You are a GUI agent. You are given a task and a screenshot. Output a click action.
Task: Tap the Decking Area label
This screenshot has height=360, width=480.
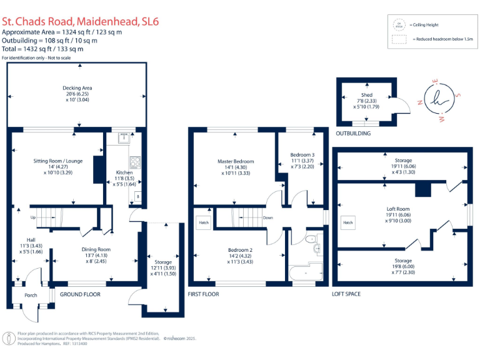[x=77, y=88]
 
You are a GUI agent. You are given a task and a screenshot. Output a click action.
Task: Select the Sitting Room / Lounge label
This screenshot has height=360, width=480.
[x=57, y=161]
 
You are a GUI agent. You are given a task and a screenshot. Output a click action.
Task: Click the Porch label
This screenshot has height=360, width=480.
[x=31, y=295]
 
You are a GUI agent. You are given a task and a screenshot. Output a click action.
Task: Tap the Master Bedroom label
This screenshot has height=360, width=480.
[x=236, y=161]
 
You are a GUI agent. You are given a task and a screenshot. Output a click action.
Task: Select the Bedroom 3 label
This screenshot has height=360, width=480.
[x=302, y=154]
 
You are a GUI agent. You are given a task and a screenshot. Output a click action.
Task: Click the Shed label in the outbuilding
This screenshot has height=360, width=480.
[x=367, y=95]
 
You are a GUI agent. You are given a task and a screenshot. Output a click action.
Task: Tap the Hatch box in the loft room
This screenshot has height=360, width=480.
[x=348, y=222]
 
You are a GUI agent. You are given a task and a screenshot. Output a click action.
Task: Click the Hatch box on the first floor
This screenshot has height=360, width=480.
[x=204, y=222]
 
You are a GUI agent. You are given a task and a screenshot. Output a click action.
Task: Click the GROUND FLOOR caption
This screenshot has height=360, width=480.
[x=79, y=294]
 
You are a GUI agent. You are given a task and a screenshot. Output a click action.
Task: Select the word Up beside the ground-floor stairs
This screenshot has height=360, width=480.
[x=32, y=217]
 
